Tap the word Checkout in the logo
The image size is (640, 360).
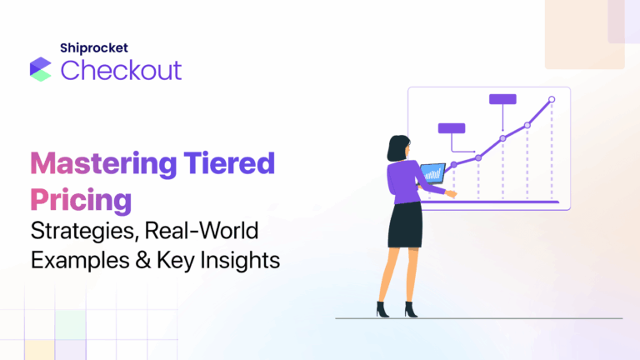121,70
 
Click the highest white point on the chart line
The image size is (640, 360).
551,99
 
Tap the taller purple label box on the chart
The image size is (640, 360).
502,99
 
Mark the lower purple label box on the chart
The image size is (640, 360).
451,128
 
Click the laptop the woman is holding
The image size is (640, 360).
432,174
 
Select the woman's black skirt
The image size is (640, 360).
405,223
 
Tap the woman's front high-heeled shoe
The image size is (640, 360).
382,309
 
